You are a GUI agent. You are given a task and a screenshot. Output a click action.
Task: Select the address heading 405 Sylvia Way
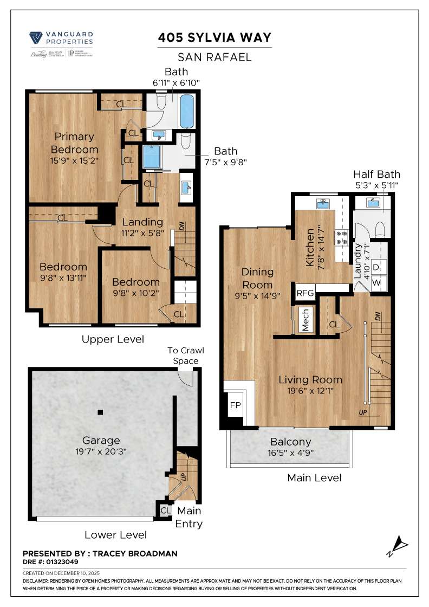pyautogui.click(x=214, y=37)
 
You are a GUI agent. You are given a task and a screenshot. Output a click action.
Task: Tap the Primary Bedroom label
pyautogui.click(x=74, y=143)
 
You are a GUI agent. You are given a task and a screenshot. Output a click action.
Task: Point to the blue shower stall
pyautogui.click(x=149, y=157)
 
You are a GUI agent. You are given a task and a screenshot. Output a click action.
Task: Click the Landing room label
pyautogui.click(x=142, y=222)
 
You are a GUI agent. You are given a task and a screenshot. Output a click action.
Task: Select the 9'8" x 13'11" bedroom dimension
pyautogui.click(x=63, y=277)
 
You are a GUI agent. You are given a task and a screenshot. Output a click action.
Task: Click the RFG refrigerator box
pyautogui.click(x=305, y=293)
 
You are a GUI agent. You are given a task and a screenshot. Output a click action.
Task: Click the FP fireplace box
pyautogui.click(x=235, y=405)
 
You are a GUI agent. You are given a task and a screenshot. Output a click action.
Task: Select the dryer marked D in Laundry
pyautogui.click(x=376, y=268)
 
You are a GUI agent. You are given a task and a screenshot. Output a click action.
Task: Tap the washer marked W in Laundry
pyautogui.click(x=376, y=283)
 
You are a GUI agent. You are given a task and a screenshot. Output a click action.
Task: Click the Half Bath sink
pyautogui.click(x=373, y=204)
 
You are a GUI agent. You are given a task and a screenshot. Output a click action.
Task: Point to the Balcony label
pyautogui.click(x=290, y=442)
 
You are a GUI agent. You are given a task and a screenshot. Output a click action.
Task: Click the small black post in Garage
pyautogui.click(x=100, y=412)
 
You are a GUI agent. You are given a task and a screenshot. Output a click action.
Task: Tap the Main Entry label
pyautogui.click(x=188, y=517)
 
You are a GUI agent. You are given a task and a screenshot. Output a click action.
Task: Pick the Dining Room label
pyautogui.click(x=257, y=278)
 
